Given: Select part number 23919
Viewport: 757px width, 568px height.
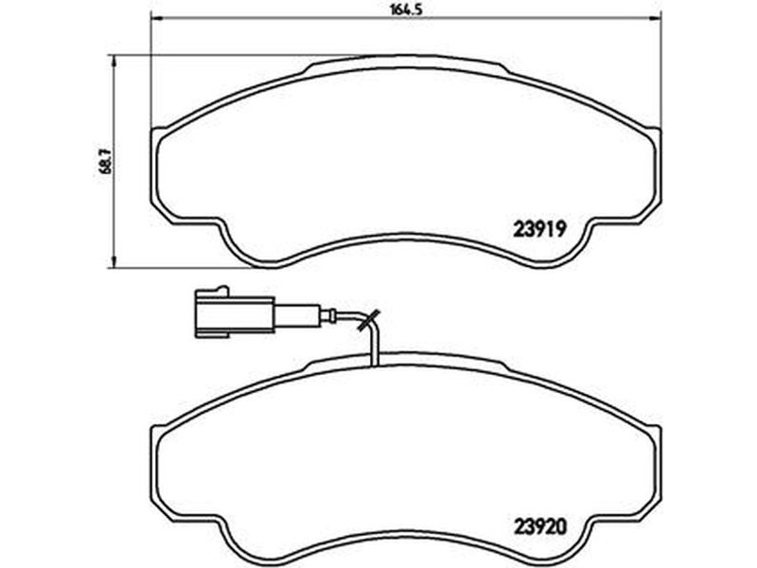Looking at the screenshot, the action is point(539,229).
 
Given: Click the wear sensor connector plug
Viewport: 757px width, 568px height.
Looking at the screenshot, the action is point(235,312).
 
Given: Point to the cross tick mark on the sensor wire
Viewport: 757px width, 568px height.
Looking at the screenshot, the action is point(368,321).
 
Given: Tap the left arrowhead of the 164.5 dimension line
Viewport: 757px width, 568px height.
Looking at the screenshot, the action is point(157,19).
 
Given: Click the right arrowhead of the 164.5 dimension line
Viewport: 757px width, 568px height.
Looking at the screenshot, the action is point(655,19).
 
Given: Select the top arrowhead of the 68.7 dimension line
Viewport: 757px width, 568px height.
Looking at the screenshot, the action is point(114,61).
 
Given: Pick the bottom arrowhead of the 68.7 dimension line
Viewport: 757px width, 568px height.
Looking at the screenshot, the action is point(114,261).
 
